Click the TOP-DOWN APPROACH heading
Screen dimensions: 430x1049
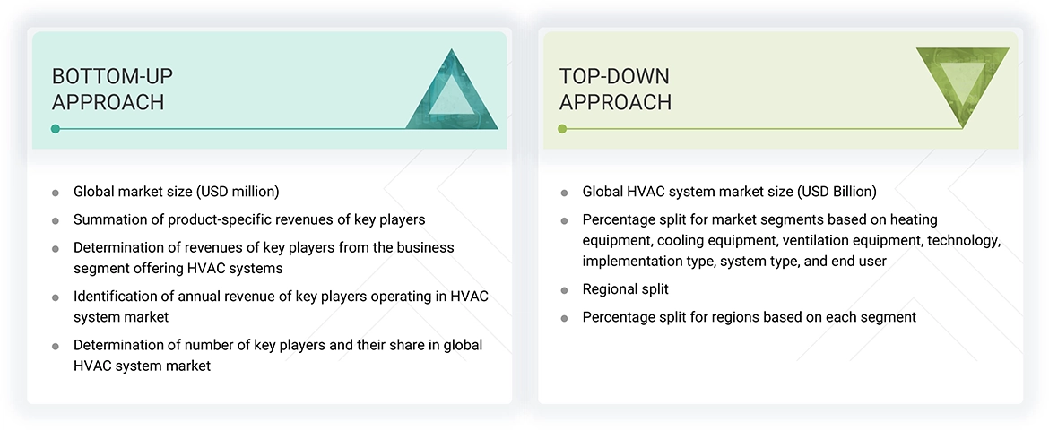[x=615, y=89]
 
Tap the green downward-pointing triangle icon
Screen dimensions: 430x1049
[x=962, y=82]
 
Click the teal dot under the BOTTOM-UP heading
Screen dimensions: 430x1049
[x=56, y=129]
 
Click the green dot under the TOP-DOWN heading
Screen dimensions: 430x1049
[x=563, y=129]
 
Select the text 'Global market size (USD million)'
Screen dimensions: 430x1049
[x=176, y=192]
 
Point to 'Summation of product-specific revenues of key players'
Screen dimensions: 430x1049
[x=249, y=219]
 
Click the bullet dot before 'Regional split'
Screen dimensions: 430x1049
[x=564, y=290]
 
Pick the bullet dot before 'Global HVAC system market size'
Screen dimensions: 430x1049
[x=564, y=193]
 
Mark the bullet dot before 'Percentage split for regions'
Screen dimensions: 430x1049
[x=564, y=318]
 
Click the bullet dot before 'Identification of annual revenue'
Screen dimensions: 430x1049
[x=56, y=297]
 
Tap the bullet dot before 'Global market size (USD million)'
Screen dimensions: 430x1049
[x=56, y=193]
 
